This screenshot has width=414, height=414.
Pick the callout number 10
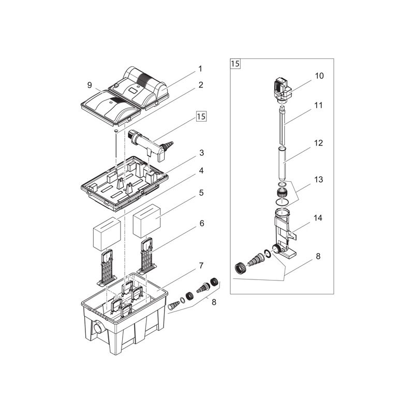point(319,76)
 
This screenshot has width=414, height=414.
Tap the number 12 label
point(319,143)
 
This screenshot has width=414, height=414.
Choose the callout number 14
point(319,218)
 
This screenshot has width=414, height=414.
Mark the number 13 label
point(319,179)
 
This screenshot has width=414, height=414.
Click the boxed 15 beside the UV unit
point(200,117)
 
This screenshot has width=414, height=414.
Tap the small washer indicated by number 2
point(117,132)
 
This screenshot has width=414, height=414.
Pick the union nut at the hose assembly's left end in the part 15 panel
point(241,268)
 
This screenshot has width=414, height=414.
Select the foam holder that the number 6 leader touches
point(147,256)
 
